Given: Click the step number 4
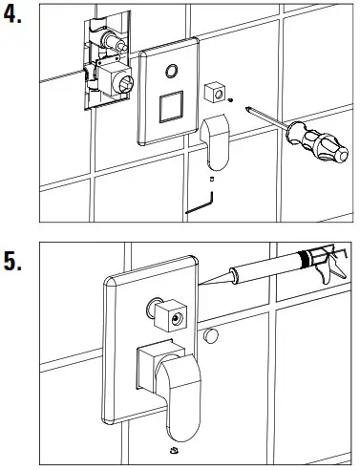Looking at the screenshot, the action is pyautogui.click(x=12, y=14).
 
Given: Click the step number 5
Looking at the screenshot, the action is pyautogui.click(x=12, y=262).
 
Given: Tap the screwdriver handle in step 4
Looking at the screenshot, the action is pyautogui.click(x=317, y=141).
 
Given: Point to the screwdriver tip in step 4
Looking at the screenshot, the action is pyautogui.click(x=246, y=109).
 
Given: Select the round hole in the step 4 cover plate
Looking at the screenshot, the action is pyautogui.click(x=172, y=71).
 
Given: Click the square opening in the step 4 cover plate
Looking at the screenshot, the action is pyautogui.click(x=171, y=107).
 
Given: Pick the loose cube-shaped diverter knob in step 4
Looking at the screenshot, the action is pyautogui.click(x=214, y=93).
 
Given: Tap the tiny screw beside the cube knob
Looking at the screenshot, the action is pyautogui.click(x=231, y=100).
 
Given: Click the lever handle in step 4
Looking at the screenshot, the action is pyautogui.click(x=215, y=142).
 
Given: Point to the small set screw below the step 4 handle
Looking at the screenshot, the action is pyautogui.click(x=212, y=180).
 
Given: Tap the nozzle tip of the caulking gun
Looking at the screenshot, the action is pyautogui.click(x=200, y=284).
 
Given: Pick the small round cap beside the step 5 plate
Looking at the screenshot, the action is pyautogui.click(x=210, y=336).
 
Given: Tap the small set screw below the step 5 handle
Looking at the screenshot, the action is pyautogui.click(x=174, y=450).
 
